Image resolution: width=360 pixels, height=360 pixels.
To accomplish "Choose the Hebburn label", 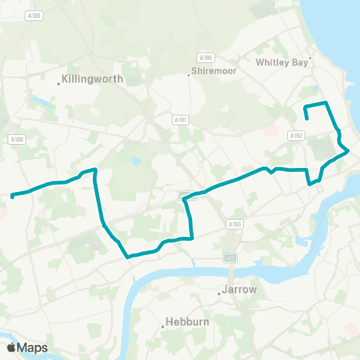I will click(184, 326).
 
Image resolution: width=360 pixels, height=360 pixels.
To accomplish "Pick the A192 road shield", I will click(295, 136).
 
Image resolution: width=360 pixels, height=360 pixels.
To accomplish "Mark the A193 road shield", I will click(235, 223).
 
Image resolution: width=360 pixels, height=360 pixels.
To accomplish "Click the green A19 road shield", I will click(229, 257).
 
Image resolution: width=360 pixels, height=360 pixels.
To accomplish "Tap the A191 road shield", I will click(180, 118).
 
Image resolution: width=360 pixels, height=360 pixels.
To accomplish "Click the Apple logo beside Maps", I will click(12, 347).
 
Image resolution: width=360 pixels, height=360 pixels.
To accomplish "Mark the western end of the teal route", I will click(13, 196).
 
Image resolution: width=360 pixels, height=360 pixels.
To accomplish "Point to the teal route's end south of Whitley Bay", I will click(307, 118).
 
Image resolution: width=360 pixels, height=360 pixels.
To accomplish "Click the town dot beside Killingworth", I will click(59, 83).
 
